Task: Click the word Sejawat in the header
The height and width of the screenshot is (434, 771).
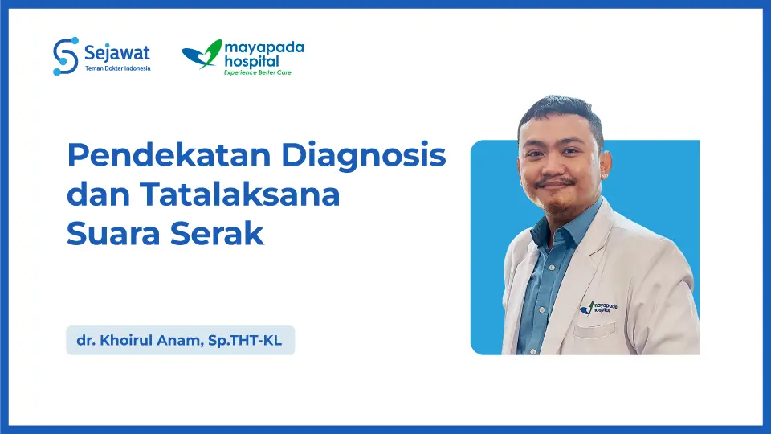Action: coord(116,52)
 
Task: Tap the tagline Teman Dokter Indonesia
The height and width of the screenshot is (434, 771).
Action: coord(116,68)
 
